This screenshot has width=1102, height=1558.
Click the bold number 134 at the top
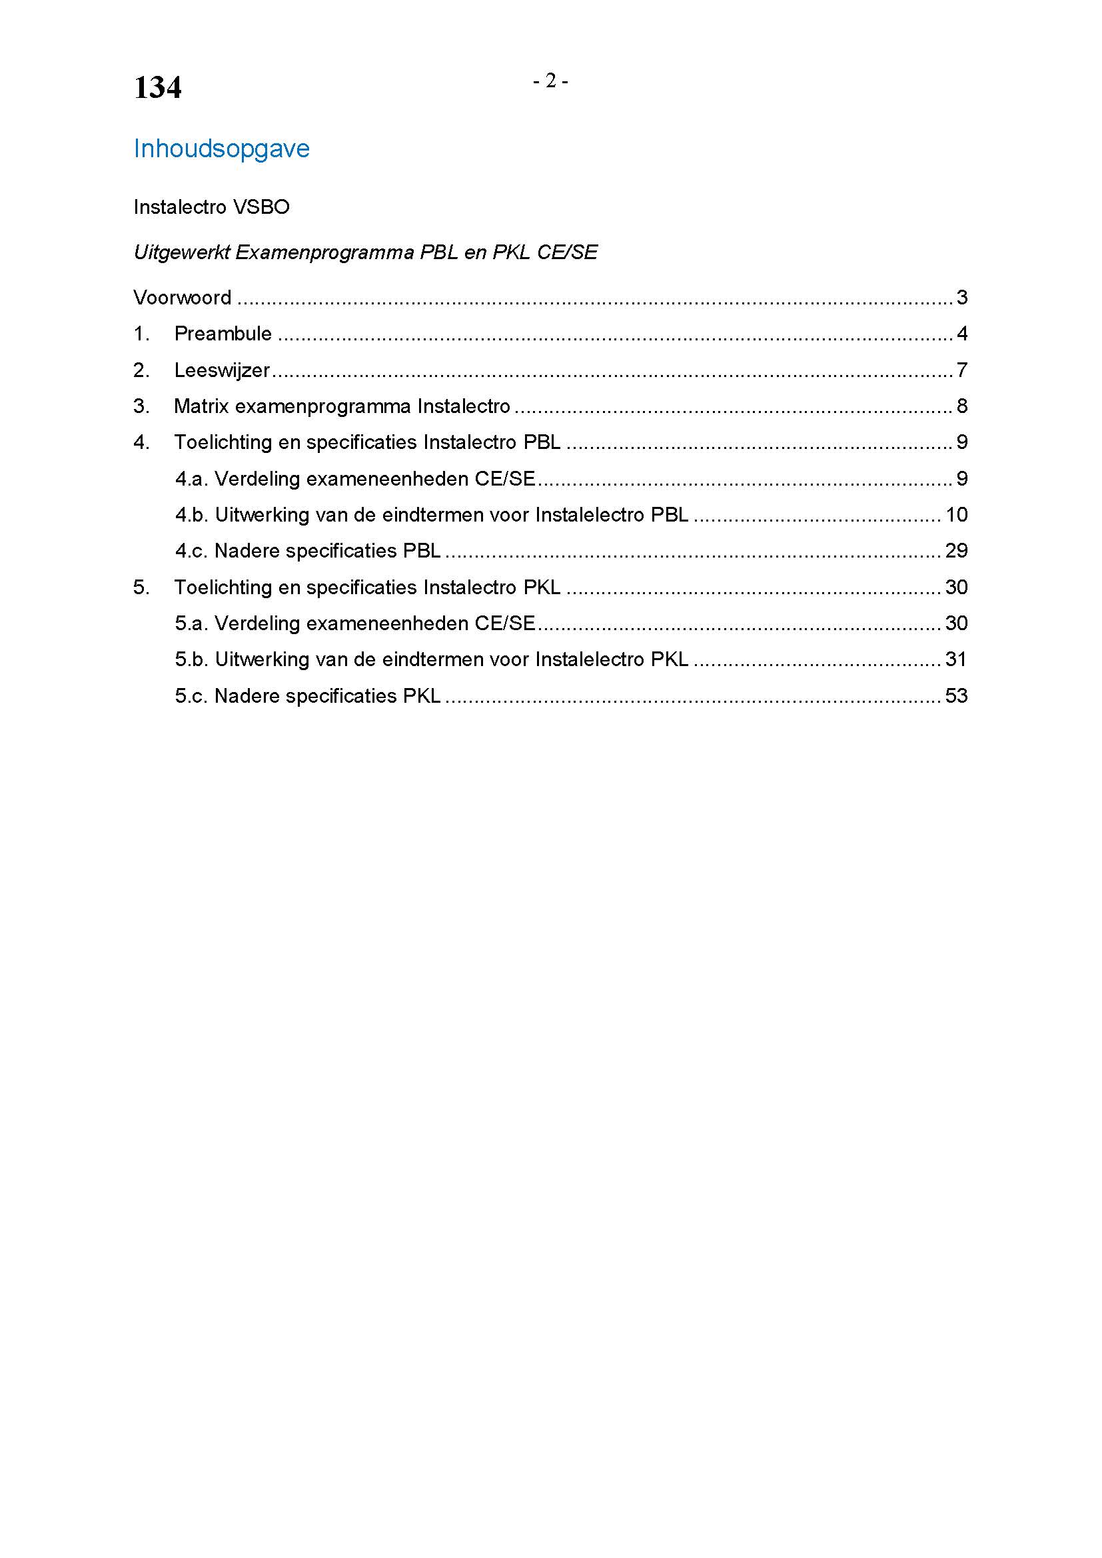pyautogui.click(x=157, y=88)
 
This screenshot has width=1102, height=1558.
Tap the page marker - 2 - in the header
pyautogui.click(x=550, y=81)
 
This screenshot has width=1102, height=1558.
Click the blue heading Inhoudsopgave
pyautogui.click(x=221, y=149)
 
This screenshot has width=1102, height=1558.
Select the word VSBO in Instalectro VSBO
pyautogui.click(x=261, y=207)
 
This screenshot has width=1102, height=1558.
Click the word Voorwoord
pyautogui.click(x=182, y=297)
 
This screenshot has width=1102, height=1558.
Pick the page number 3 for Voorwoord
pyautogui.click(x=961, y=297)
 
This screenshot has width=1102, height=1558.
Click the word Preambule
pyautogui.click(x=223, y=333)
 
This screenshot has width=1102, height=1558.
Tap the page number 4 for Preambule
pyautogui.click(x=961, y=333)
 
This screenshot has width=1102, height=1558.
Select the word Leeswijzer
pyautogui.click(x=222, y=370)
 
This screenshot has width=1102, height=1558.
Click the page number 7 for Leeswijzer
pyautogui.click(x=961, y=370)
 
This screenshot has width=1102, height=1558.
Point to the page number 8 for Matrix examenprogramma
pyautogui.click(x=961, y=406)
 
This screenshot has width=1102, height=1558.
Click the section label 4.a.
pyautogui.click(x=191, y=478)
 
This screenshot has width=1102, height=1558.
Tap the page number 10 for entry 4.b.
pyautogui.click(x=956, y=514)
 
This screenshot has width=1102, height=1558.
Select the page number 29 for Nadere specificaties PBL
pyautogui.click(x=956, y=550)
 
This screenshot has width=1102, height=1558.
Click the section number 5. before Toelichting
pyautogui.click(x=141, y=587)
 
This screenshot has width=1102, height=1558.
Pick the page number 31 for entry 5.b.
pyautogui.click(x=956, y=659)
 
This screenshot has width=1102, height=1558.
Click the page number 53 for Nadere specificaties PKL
pyautogui.click(x=956, y=695)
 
